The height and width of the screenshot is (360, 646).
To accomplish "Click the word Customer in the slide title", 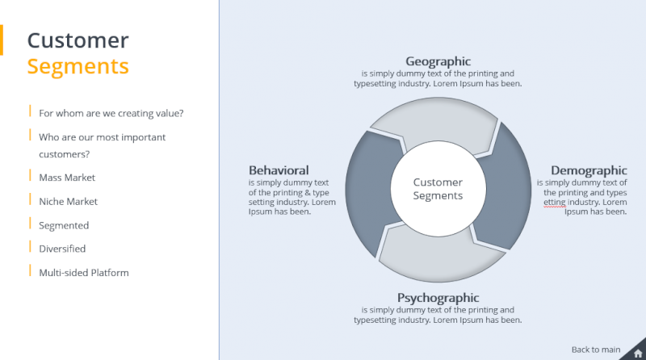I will tap(78, 40).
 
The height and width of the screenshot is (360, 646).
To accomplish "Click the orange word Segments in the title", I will tap(78, 65).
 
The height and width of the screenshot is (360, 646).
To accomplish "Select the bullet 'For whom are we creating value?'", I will tap(116, 113).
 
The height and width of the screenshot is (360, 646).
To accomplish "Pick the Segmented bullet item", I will tap(64, 225).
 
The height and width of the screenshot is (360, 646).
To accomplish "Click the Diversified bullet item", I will tap(62, 249).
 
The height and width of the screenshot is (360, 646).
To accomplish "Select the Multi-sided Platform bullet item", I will tap(84, 273).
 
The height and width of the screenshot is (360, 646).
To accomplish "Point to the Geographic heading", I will tap(438, 61).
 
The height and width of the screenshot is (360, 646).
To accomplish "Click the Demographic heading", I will tap(589, 170).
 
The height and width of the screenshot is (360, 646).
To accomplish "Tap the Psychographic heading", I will tap(438, 298).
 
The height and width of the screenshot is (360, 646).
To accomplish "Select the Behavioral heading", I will tap(279, 170).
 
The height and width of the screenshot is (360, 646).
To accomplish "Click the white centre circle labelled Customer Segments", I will tap(438, 189).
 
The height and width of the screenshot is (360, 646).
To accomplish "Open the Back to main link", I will tap(596, 350).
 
